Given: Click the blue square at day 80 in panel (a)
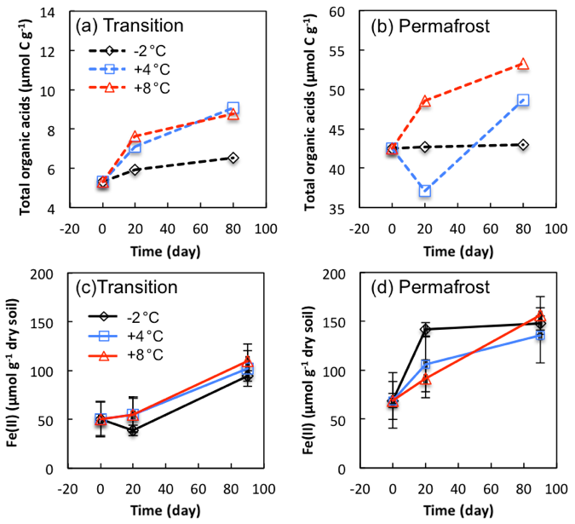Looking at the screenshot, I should click(233, 108).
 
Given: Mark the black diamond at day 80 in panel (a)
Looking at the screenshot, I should click(233, 158).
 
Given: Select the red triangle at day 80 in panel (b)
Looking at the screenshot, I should click(523, 64).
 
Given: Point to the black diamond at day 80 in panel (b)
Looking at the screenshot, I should click(523, 145).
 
